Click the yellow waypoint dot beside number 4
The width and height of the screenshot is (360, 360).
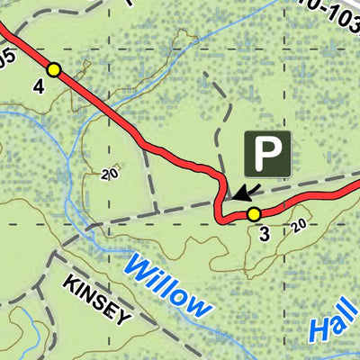tap(54, 69)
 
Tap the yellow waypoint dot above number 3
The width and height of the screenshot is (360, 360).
tap(254, 213)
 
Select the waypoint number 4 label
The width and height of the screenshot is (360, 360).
tap(39, 86)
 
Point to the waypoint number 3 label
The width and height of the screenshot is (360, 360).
tap(264, 236)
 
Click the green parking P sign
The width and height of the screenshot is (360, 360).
tap(267, 153)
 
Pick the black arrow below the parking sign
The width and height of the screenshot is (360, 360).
tap(244, 191)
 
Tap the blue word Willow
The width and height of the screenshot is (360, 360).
tap(168, 286)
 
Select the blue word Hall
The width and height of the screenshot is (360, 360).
tap(335, 319)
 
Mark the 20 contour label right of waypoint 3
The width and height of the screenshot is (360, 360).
tap(299, 225)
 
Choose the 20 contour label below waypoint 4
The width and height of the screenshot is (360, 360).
tap(110, 175)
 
